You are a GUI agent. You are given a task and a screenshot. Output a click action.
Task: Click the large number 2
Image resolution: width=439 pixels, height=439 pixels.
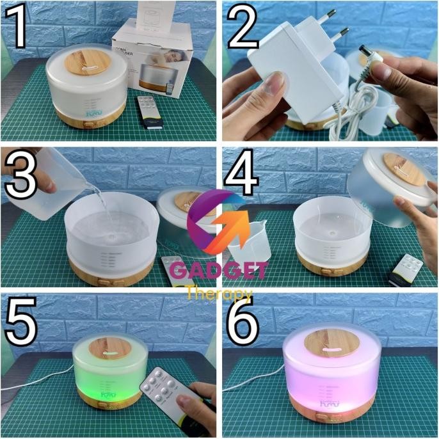pos(244,29)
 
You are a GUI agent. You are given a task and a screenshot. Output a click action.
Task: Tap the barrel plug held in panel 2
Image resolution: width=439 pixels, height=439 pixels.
pos(374,61)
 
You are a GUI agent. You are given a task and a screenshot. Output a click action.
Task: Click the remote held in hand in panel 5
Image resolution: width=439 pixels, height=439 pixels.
pos(163,390)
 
